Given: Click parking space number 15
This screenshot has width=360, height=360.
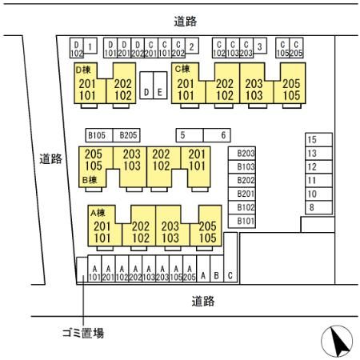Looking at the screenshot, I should [312, 139].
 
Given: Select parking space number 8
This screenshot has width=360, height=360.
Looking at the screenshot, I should [312, 207].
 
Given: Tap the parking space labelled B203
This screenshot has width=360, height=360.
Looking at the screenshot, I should [246, 153].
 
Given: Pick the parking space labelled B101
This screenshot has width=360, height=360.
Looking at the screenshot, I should [246, 221].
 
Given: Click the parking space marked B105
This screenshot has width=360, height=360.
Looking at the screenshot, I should [96, 135].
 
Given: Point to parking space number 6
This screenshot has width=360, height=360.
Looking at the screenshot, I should [223, 135].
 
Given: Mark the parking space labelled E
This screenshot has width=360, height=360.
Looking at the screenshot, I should [160, 93].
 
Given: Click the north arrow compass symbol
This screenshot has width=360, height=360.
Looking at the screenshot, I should [337, 342].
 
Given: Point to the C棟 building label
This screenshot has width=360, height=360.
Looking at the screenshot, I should [183, 70].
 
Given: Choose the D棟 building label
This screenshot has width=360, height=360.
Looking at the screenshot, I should [85, 70].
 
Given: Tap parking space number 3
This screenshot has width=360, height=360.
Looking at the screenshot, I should [260, 46].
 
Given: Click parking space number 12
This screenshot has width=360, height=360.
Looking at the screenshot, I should [312, 166].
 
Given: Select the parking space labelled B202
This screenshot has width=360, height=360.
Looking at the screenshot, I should [246, 180].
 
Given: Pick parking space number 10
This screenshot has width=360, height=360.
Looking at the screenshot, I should [312, 194].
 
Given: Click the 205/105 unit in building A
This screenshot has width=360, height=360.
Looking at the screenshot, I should [207, 232].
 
